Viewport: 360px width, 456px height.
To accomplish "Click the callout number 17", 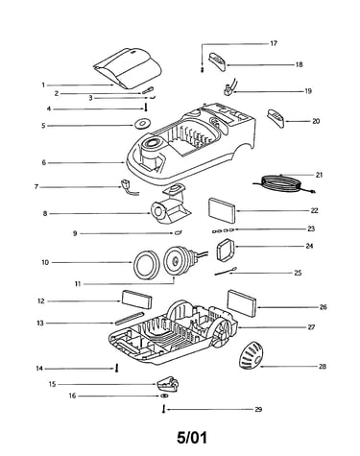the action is tap(274, 43).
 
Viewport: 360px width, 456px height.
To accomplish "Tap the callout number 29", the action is tap(258, 409).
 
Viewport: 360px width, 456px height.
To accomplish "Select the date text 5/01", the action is tap(192, 437).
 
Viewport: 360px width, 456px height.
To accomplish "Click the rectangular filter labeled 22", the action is tap(222, 211).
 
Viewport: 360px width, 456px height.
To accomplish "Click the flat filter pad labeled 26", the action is tap(242, 303).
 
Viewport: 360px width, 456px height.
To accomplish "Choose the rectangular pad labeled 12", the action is tap(136, 300).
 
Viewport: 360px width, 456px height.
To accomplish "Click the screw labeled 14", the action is tap(117, 368).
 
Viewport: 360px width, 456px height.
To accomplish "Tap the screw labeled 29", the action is tap(164, 409).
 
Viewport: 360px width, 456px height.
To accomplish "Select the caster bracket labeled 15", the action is tap(167, 384).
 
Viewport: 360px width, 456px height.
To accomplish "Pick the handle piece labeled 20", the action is tap(276, 118).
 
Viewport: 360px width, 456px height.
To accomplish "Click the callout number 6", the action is tap(44, 163).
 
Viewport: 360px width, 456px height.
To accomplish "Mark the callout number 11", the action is tap(78, 284).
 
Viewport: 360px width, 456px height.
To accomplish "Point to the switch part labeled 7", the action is tap(127, 187).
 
